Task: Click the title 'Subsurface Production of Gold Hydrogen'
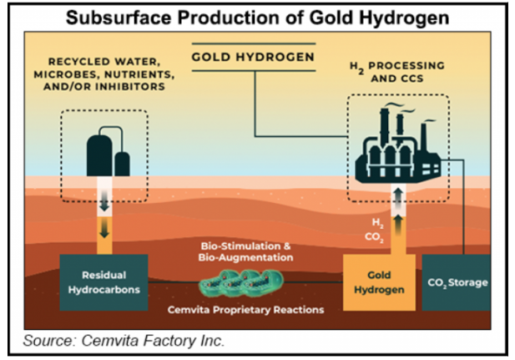coord(257,17)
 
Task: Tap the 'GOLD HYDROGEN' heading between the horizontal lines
coord(254,58)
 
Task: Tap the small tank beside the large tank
coord(123,163)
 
